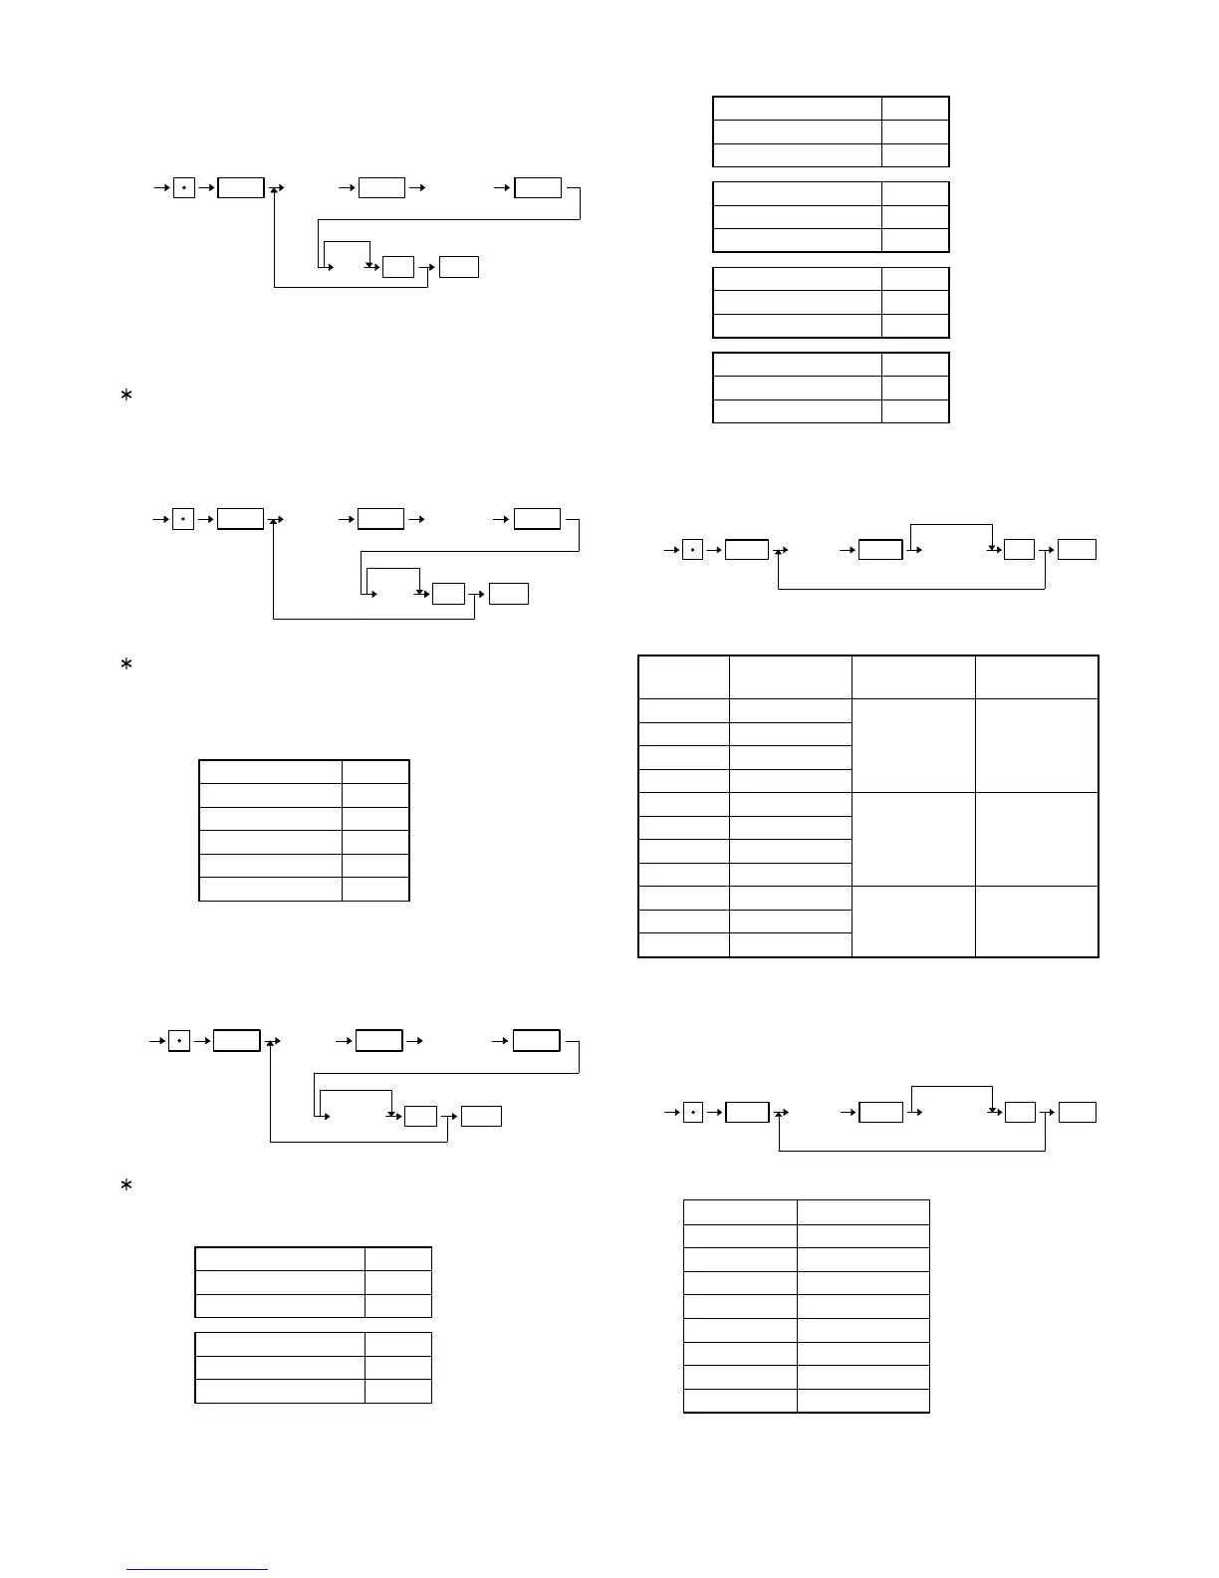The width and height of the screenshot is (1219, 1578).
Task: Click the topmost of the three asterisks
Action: pyautogui.click(x=126, y=396)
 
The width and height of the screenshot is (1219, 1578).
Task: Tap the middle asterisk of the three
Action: pyautogui.click(x=126, y=664)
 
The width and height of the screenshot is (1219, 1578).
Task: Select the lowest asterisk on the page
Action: pyautogui.click(x=126, y=1185)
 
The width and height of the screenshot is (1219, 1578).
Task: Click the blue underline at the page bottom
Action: pyautogui.click(x=197, y=1569)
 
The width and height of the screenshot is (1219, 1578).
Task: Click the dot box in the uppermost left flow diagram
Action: pyautogui.click(x=184, y=187)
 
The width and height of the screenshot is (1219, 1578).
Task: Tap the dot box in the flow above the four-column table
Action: pyautogui.click(x=693, y=549)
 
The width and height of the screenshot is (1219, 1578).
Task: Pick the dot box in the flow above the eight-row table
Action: pyautogui.click(x=694, y=1112)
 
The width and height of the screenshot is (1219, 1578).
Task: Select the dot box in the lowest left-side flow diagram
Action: pyautogui.click(x=179, y=1041)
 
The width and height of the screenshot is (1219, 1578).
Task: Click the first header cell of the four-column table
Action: pyautogui.click(x=683, y=677)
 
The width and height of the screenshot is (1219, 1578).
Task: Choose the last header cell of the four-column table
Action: pyautogui.click(x=1037, y=677)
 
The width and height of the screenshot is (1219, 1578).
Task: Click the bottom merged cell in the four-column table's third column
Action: pyautogui.click(x=913, y=921)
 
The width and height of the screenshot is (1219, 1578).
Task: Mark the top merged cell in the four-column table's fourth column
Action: pyautogui.click(x=1037, y=745)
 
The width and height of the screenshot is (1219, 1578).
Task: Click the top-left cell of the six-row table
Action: pyautogui.click(x=271, y=772)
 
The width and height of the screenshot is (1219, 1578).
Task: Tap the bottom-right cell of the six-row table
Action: pyautogui.click(x=375, y=890)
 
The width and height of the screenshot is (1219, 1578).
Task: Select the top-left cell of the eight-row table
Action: pyautogui.click(x=740, y=1211)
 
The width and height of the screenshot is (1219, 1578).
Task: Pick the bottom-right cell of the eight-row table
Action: pyautogui.click(x=863, y=1401)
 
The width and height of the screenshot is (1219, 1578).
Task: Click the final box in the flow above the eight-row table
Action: pyautogui.click(x=1078, y=1112)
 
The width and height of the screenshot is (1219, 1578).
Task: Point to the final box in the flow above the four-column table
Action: pyautogui.click(x=1078, y=549)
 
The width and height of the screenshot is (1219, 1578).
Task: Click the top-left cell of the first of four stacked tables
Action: pyautogui.click(x=798, y=109)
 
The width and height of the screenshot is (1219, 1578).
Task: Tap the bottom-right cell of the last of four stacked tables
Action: pyautogui.click(x=915, y=411)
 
